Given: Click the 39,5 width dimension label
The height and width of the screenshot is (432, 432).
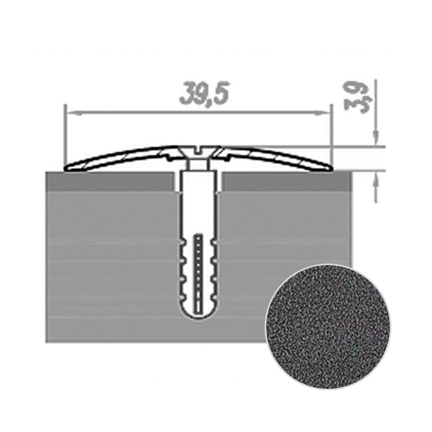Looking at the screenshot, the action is pyautogui.click(x=204, y=93).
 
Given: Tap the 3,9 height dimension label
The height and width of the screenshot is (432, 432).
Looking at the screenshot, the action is pyautogui.click(x=356, y=97).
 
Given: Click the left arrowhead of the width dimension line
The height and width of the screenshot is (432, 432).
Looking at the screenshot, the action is pyautogui.click(x=75, y=112).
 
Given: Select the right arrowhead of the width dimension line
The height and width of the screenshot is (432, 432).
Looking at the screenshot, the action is pyautogui.click(x=322, y=112).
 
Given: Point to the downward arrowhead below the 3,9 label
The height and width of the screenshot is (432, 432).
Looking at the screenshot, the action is pyautogui.click(x=376, y=137).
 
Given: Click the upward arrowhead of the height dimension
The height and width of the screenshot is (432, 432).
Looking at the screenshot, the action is pyautogui.click(x=376, y=179).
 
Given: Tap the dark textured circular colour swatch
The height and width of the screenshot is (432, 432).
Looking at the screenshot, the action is pyautogui.click(x=328, y=327).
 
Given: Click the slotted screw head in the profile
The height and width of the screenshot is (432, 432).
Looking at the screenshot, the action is pyautogui.click(x=199, y=153).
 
